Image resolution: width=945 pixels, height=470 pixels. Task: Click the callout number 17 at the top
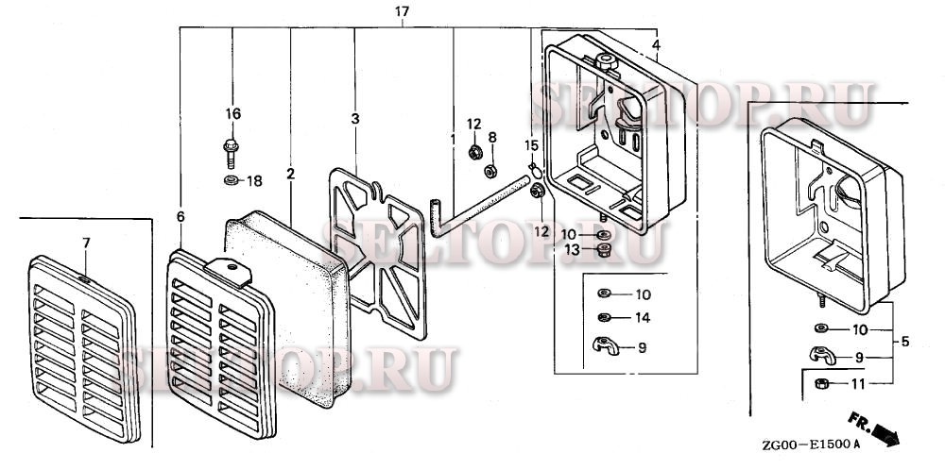pyautogui.click(x=402, y=11)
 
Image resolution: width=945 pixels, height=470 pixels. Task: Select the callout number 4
pyautogui.click(x=656, y=45)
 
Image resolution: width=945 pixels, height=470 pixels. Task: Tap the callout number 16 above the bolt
pyautogui.click(x=232, y=114)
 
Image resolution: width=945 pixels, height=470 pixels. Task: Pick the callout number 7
pyautogui.click(x=86, y=243)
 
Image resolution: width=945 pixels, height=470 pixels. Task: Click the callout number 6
pyautogui.click(x=180, y=217)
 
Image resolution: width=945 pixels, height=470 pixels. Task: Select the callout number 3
pyautogui.click(x=355, y=119)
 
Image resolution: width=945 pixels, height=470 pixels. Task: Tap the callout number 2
pyautogui.click(x=291, y=175)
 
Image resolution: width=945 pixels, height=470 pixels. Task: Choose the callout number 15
pyautogui.click(x=532, y=145)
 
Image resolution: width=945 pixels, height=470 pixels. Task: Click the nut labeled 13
pyautogui.click(x=604, y=249)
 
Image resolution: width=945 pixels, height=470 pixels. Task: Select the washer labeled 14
pyautogui.click(x=604, y=317)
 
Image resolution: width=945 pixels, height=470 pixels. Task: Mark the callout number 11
pyautogui.click(x=858, y=383)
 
